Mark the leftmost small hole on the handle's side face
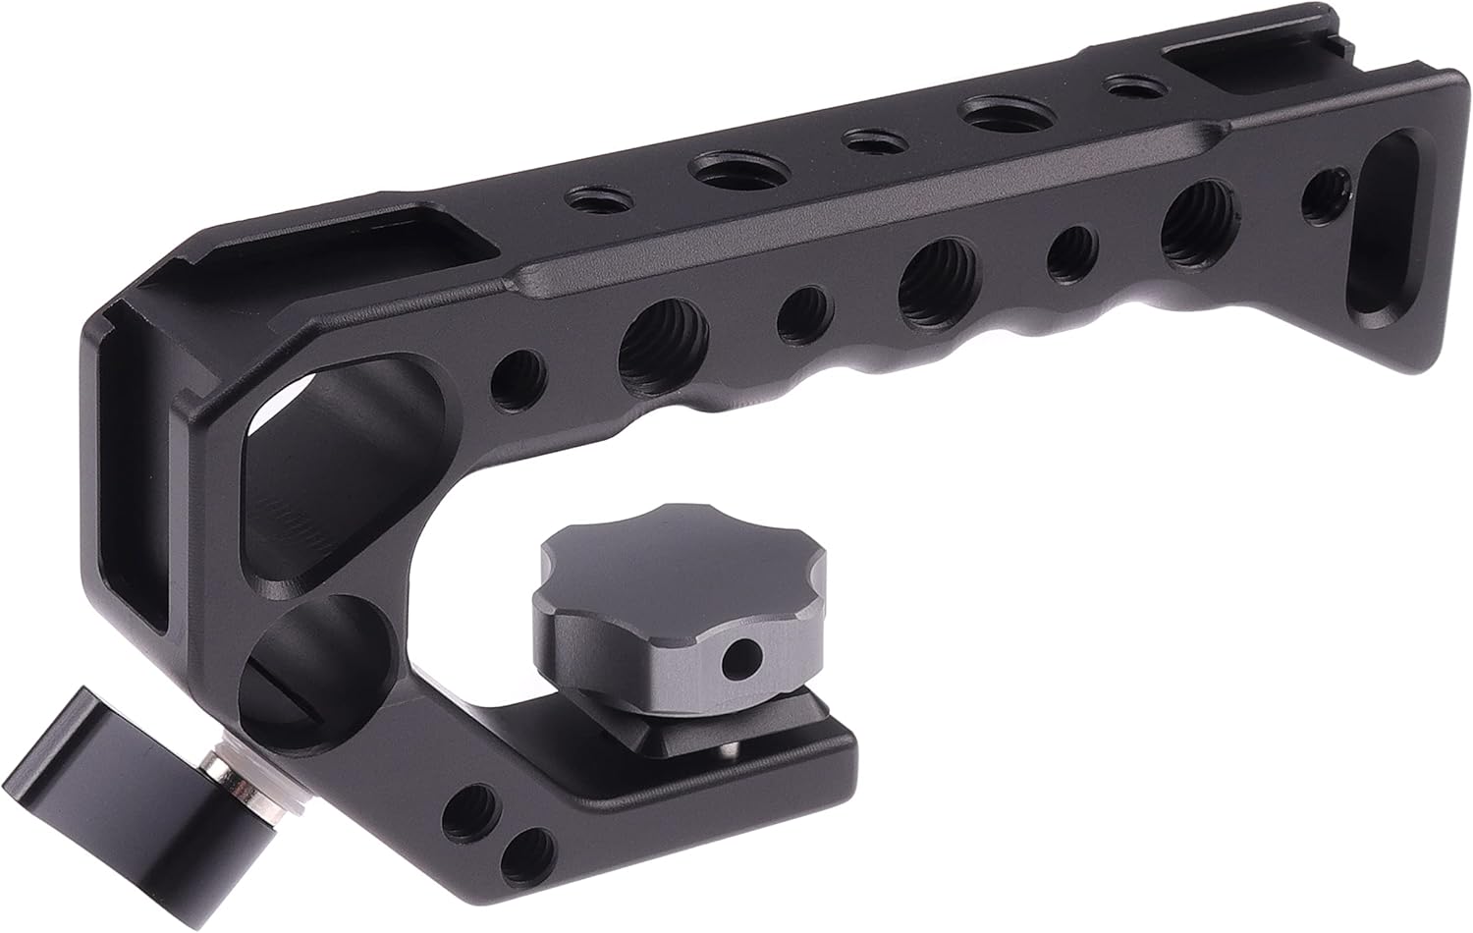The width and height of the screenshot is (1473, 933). click(x=518, y=373)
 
